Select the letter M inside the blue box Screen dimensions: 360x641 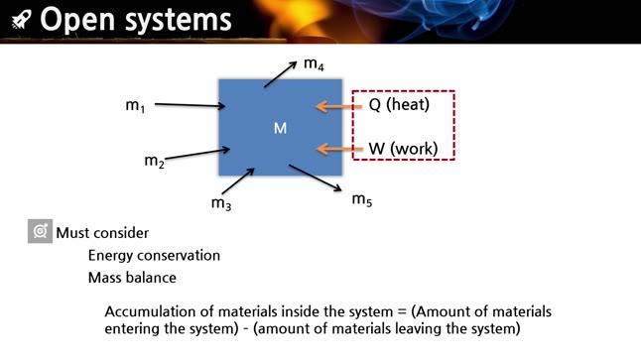point(280,128)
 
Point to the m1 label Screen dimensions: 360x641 point(135,105)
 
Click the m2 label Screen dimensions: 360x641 point(154,161)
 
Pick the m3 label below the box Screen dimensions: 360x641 point(220,203)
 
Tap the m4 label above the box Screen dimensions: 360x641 point(314,64)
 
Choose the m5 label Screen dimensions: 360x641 point(362,199)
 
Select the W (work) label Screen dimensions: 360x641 point(403,150)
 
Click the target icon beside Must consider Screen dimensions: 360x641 point(40,232)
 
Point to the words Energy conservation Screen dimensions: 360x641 point(154,256)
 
